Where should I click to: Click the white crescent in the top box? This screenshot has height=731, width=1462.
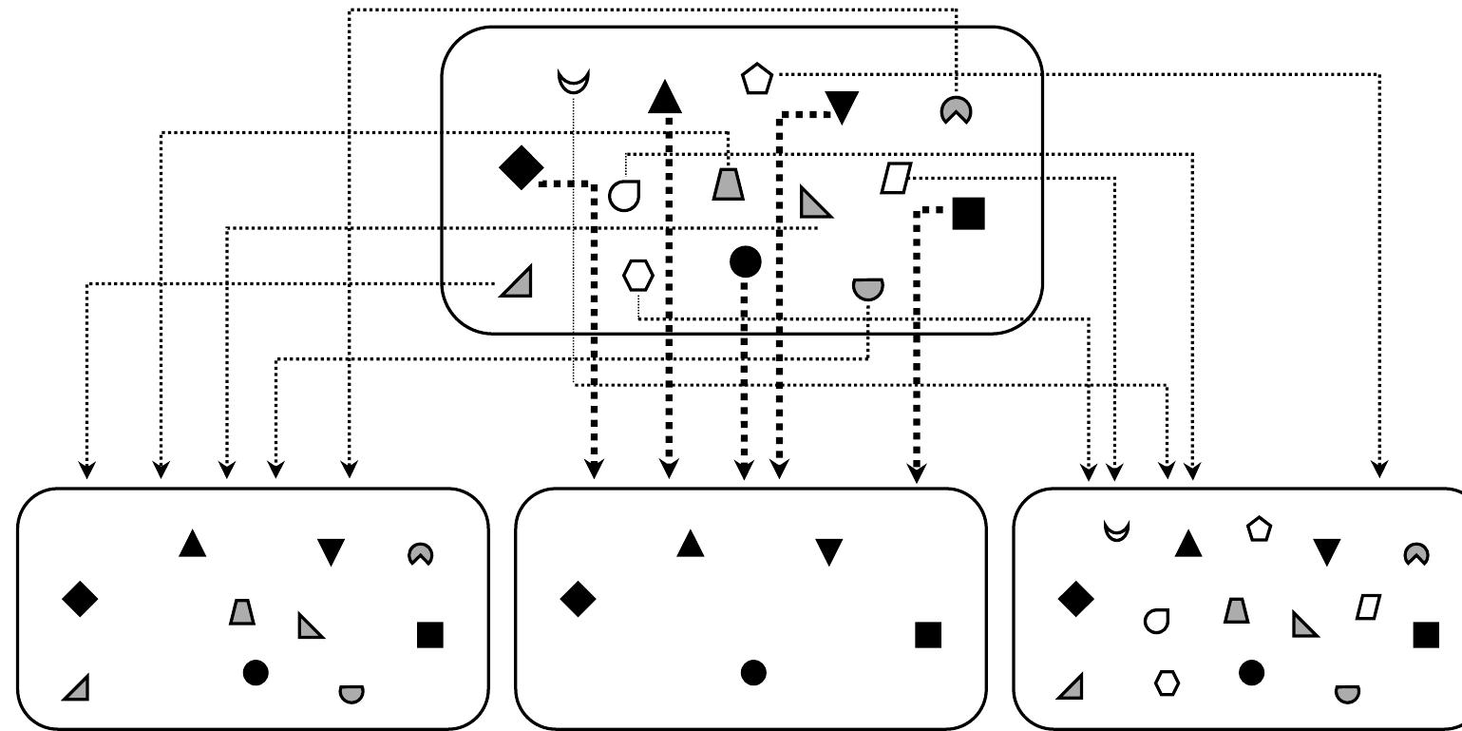tap(574, 82)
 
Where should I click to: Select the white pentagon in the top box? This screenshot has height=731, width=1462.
tap(756, 79)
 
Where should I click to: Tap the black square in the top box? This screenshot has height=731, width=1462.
tap(968, 213)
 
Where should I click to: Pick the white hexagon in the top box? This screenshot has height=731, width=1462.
tap(638, 276)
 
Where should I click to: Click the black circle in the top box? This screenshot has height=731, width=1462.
tap(745, 261)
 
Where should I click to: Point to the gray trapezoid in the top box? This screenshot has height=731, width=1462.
tap(729, 183)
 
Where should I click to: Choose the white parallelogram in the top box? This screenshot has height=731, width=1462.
tap(896, 178)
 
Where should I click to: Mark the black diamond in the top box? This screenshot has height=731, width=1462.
tap(521, 168)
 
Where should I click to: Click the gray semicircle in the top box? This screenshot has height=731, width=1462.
tap(867, 287)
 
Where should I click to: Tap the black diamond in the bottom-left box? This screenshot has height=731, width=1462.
tap(80, 599)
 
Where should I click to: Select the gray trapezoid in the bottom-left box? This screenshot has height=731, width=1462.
tap(242, 611)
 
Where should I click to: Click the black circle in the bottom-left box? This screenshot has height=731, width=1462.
tap(256, 673)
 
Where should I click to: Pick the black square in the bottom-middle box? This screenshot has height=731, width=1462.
tap(928, 634)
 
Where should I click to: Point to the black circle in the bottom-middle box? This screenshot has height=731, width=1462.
tap(753, 673)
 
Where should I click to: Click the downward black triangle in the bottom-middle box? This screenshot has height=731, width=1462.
tap(829, 550)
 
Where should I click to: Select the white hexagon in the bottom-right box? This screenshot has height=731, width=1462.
tap(1167, 683)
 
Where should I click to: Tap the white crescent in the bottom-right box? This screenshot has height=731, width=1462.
tap(1117, 530)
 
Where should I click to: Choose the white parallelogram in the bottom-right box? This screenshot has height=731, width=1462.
tap(1368, 606)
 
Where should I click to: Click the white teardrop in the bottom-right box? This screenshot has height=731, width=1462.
tap(1156, 621)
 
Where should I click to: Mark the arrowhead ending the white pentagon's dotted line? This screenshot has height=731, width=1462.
tap(1379, 470)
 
